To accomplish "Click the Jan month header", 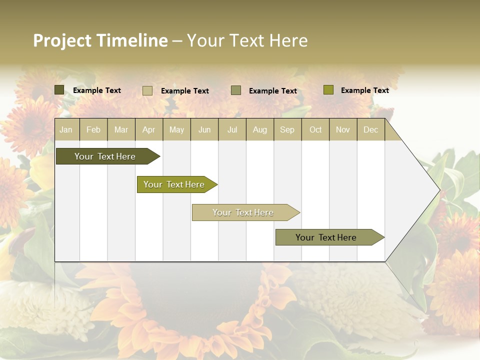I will tap(66, 129).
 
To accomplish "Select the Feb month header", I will tap(93, 129).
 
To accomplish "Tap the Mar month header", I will tap(121, 129).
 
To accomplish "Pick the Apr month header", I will tap(149, 129).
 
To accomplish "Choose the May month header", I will tap(176, 129).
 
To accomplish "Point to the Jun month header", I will tap(204, 129).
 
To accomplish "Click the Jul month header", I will tap(232, 129).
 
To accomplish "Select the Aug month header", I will tap(260, 129).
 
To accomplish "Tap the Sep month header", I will tap(287, 129).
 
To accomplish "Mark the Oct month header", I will tap(315, 129).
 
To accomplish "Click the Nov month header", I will tap(343, 129).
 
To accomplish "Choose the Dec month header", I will tap(371, 129).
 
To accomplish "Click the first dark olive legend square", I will tap(59, 90).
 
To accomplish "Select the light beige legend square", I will tap(147, 90).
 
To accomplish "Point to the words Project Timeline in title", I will tap(100, 40).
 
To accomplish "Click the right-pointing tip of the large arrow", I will tap(438, 190).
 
